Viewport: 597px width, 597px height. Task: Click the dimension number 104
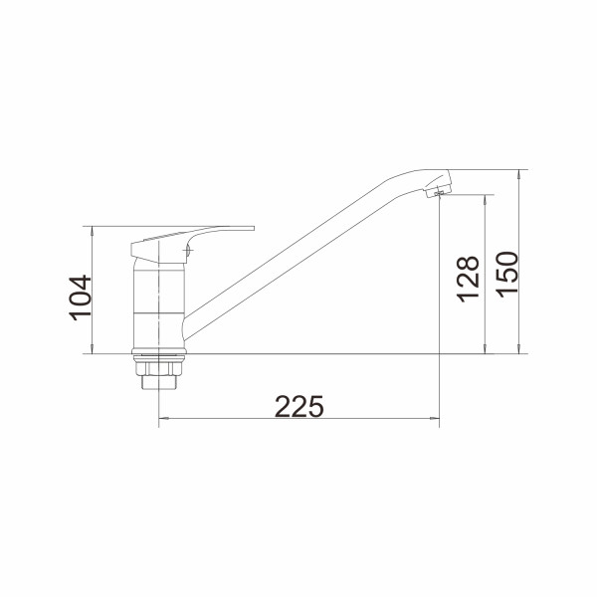coord(81,298)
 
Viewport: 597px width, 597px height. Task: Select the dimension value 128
coord(468,279)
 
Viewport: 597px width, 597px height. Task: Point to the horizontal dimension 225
coord(299,406)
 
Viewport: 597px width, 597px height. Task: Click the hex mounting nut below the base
coord(159,368)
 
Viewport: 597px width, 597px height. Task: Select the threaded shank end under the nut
coord(159,383)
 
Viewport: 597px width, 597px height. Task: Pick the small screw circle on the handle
coord(187,250)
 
